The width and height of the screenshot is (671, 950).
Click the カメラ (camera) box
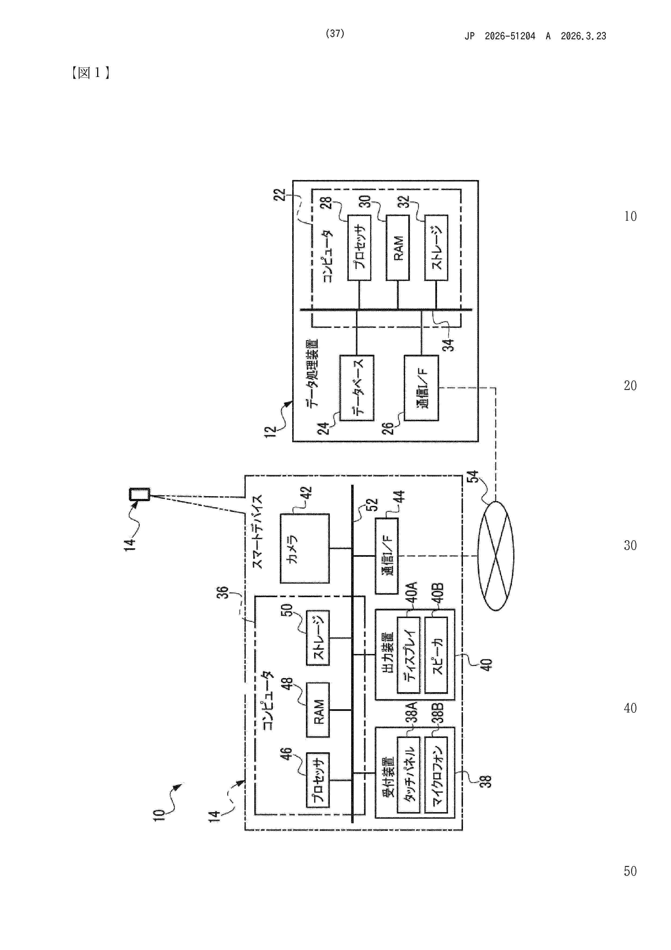click(x=305, y=548)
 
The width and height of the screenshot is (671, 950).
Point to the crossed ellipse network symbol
click(x=495, y=556)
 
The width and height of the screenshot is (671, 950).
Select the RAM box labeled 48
click(x=318, y=710)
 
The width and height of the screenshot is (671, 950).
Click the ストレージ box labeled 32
click(x=436, y=248)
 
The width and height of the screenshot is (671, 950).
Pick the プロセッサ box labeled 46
click(x=318, y=780)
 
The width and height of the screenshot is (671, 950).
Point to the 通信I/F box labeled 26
click(x=421, y=388)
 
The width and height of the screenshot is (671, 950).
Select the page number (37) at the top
click(x=335, y=34)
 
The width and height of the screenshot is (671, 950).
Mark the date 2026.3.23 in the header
click(x=583, y=36)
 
